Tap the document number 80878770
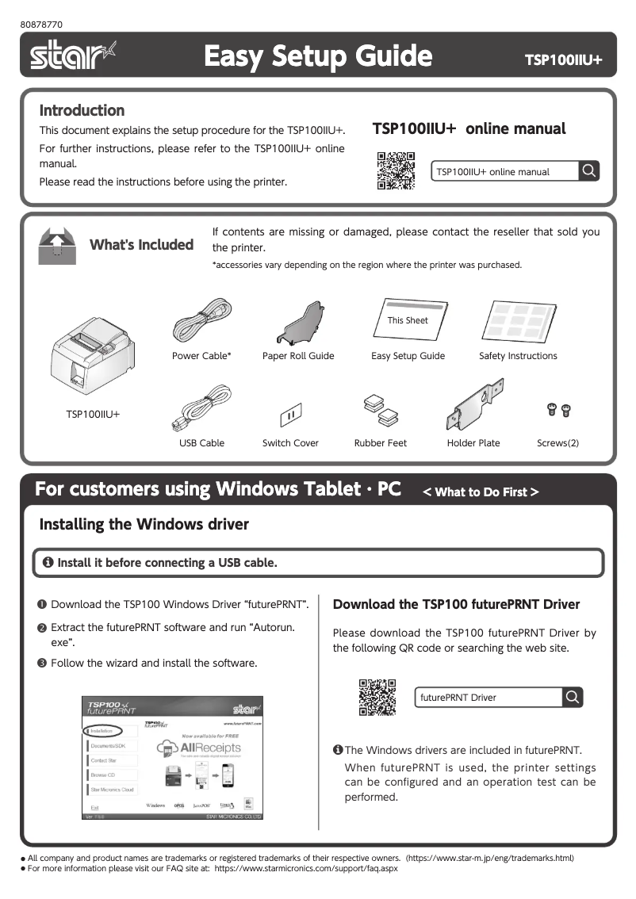click(42, 24)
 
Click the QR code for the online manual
click(396, 170)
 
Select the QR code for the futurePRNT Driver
click(377, 698)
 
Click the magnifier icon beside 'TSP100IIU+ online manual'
click(588, 171)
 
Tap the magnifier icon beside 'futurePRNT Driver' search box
click(572, 698)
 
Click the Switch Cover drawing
click(290, 414)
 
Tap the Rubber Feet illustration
click(380, 409)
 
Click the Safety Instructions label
click(518, 356)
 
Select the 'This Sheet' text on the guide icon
click(408, 320)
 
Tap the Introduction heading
click(82, 110)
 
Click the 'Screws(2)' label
click(557, 443)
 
